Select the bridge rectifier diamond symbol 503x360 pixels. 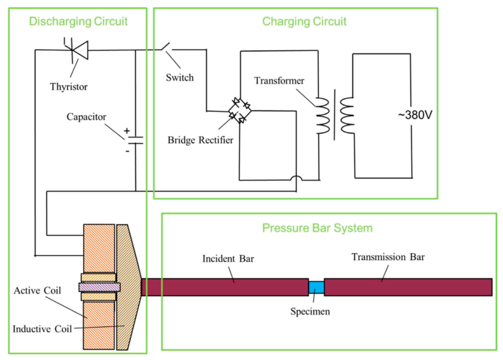click(x=240, y=110)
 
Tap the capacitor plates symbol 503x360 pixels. click(x=136, y=140)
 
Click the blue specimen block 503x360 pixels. click(x=316, y=287)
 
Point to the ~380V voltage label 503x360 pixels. click(x=415, y=115)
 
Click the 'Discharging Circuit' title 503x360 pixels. click(x=78, y=21)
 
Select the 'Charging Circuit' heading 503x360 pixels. click(x=304, y=21)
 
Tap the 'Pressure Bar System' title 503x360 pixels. click(x=317, y=228)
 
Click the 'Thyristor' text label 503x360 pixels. click(x=68, y=86)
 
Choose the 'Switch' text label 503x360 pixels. click(x=180, y=78)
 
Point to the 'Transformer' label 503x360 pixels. click(x=279, y=81)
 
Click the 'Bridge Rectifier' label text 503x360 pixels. click(x=201, y=140)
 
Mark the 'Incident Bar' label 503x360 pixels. click(x=228, y=259)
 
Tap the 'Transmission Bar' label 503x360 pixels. click(x=388, y=257)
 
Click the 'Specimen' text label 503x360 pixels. click(x=310, y=311)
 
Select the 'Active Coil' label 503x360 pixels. click(x=37, y=290)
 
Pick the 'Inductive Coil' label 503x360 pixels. click(x=42, y=329)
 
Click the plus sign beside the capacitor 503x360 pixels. click(x=127, y=131)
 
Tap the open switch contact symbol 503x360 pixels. click(x=167, y=47)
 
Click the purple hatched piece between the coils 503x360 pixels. click(x=99, y=287)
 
